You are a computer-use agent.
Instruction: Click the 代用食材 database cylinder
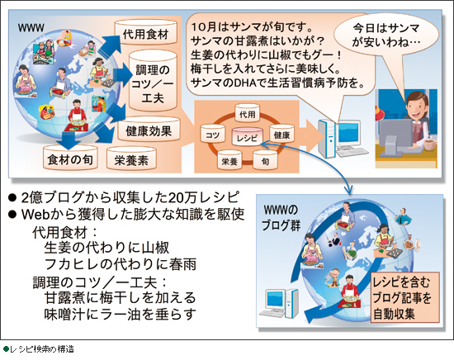145,32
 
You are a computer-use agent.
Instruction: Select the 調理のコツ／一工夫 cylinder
153,80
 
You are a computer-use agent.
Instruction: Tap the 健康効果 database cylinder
149,129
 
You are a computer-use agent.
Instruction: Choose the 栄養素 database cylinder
131,159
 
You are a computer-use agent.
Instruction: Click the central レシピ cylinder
247,136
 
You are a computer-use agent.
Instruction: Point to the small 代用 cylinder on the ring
247,112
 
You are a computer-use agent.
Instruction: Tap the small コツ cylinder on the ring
212,133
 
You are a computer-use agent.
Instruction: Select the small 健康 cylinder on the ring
281,133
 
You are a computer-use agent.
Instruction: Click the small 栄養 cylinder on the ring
229,159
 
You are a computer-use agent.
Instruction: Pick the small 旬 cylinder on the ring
265,159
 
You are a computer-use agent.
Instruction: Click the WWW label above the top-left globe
31,28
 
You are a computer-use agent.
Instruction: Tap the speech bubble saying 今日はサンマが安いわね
386,35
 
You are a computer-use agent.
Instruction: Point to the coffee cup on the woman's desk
430,144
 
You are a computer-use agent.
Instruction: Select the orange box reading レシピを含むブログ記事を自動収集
405,297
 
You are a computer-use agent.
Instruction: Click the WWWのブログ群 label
281,218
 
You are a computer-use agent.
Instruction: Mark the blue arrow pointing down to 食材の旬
69,140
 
